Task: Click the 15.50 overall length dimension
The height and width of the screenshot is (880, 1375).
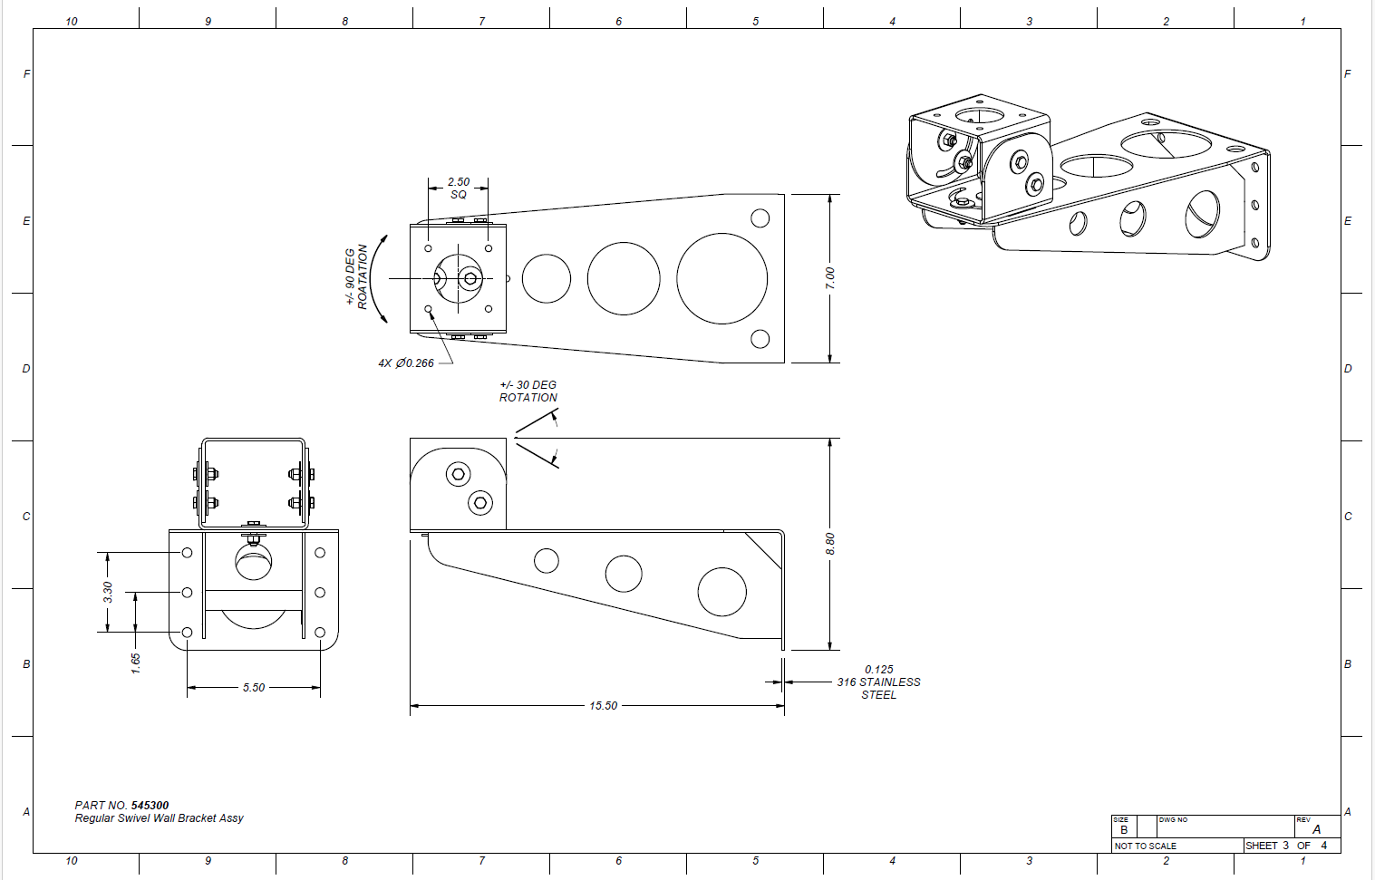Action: coord(603,706)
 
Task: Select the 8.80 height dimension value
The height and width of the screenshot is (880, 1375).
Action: coord(830,544)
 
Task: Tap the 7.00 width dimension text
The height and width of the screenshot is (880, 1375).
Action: coord(830,278)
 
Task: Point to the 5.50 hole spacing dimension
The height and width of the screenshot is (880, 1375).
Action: coord(254,687)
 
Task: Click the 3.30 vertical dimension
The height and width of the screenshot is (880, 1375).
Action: coord(108,592)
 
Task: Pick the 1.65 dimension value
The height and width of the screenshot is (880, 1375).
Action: coord(136,663)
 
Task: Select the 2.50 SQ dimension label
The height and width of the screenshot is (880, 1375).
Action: coord(459,188)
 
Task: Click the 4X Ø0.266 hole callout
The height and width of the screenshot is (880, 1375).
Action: coord(406,363)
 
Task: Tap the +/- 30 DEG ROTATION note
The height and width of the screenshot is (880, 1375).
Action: coord(528,391)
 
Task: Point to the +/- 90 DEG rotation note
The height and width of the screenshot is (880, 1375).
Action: coord(356,276)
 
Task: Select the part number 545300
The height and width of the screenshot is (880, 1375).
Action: coord(150,805)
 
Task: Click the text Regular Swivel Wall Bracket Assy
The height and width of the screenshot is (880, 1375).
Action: coord(159,818)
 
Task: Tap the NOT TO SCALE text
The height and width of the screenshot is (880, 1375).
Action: coord(1146,846)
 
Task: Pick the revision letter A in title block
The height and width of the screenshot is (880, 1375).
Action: coord(1316,829)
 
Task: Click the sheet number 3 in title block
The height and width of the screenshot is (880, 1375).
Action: coord(1285,845)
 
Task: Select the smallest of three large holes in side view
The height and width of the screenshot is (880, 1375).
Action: coord(547,561)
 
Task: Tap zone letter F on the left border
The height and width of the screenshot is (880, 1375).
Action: coord(26,73)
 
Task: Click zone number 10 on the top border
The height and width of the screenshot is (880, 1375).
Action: coord(72,22)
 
